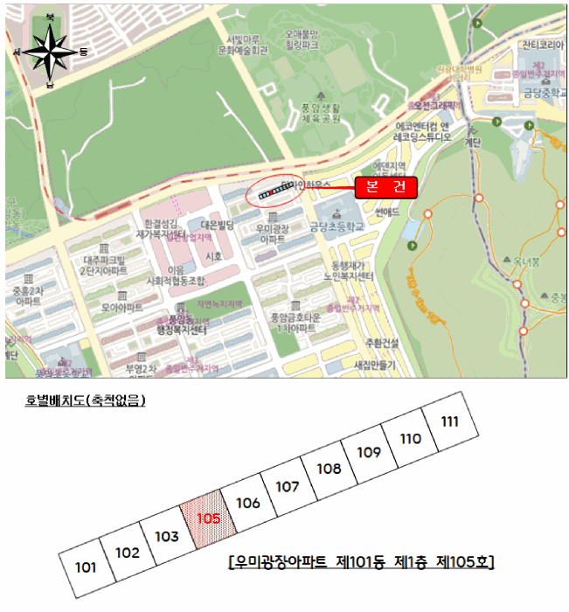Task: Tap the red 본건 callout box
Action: click(x=385, y=186)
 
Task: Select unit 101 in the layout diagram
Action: click(x=86, y=567)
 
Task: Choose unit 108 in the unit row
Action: click(x=329, y=469)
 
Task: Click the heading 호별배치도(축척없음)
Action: click(x=85, y=401)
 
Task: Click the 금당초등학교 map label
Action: click(x=337, y=225)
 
